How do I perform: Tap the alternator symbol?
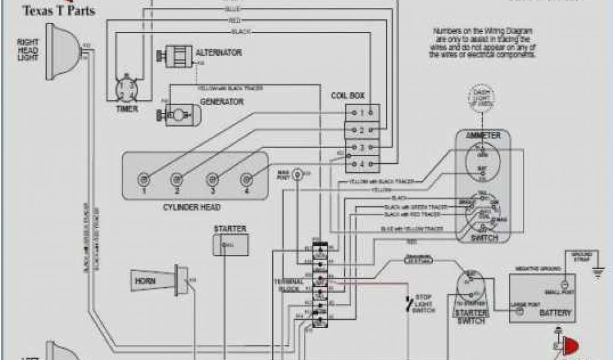click(176, 56)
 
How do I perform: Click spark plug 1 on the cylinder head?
click(144, 178)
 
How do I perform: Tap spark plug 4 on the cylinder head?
click(246, 178)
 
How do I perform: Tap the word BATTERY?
click(555, 313)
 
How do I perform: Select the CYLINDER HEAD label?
click(192, 208)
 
